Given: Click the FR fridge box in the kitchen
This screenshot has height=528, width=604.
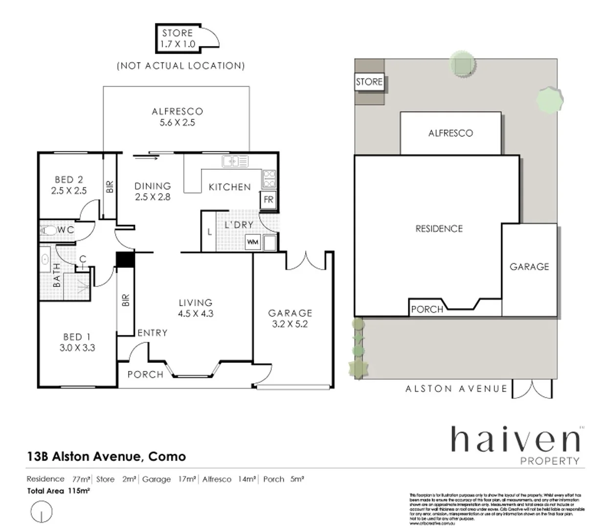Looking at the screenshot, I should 268,199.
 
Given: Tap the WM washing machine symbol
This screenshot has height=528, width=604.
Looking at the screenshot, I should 252,242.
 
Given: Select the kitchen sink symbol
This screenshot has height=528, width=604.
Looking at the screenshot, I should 235,161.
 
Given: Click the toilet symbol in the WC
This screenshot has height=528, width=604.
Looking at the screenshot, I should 49,230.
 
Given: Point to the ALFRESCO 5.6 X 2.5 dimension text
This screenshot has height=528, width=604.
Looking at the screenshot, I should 177,123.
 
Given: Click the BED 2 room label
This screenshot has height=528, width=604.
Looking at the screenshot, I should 68,179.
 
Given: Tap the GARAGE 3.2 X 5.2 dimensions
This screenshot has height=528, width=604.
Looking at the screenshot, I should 290,324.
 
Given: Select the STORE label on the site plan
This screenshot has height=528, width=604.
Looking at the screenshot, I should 369,82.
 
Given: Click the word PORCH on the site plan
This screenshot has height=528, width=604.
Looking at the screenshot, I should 427,309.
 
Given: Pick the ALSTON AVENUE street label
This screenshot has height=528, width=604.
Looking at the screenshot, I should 456,389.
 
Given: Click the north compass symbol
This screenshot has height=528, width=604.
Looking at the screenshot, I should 41,512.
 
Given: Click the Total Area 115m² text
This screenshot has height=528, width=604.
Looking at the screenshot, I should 58,491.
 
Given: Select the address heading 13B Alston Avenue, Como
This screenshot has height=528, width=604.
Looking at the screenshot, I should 106,457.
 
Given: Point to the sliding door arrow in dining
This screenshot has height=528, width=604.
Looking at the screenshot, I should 145,157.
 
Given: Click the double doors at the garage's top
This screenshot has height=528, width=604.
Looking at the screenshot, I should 306,261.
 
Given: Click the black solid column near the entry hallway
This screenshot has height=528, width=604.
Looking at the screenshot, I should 125,259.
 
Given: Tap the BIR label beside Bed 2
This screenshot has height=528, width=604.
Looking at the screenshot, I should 110,186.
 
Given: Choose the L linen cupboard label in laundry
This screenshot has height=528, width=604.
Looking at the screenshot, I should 209,232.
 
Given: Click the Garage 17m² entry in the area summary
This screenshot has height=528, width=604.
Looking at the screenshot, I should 169,479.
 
